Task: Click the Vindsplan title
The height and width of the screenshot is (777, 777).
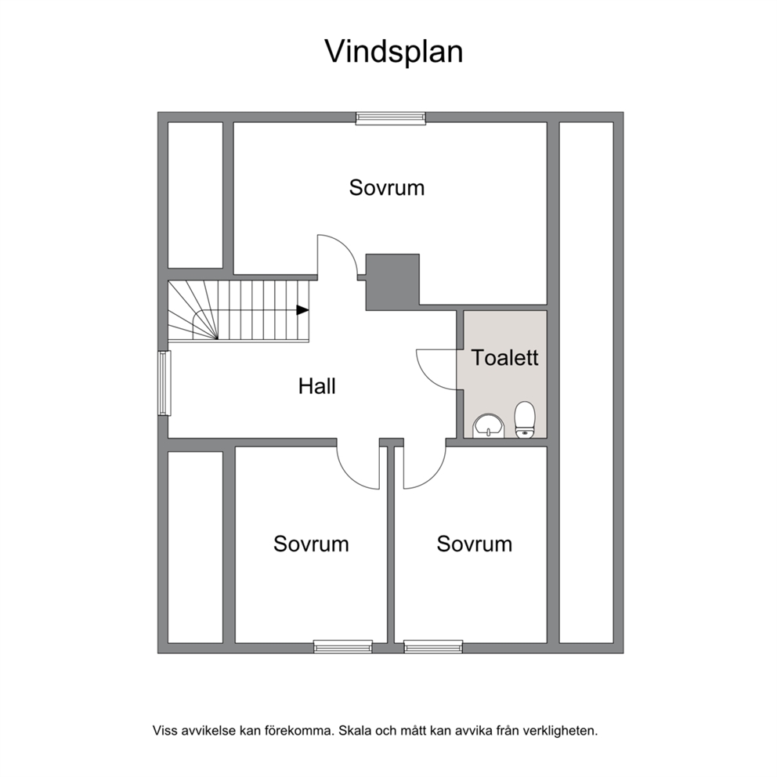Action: (394, 52)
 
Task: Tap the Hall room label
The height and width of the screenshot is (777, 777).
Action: (317, 386)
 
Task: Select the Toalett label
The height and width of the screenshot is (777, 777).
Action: (504, 357)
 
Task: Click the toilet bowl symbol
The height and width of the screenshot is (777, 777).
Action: (526, 420)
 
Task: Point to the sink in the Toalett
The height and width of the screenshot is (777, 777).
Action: (489, 427)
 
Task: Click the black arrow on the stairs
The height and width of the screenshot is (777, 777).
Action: (302, 310)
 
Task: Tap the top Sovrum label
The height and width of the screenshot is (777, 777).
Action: (386, 188)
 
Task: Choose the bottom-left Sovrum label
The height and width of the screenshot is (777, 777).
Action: (311, 544)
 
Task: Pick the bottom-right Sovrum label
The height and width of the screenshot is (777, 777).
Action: (474, 544)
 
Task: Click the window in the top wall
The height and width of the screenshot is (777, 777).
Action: (391, 117)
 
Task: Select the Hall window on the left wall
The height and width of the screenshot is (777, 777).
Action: (164, 383)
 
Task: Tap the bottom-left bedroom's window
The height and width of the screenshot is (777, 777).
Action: (343, 646)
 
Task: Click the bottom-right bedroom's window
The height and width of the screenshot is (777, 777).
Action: (433, 646)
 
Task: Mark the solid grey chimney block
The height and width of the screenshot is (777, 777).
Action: (392, 282)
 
